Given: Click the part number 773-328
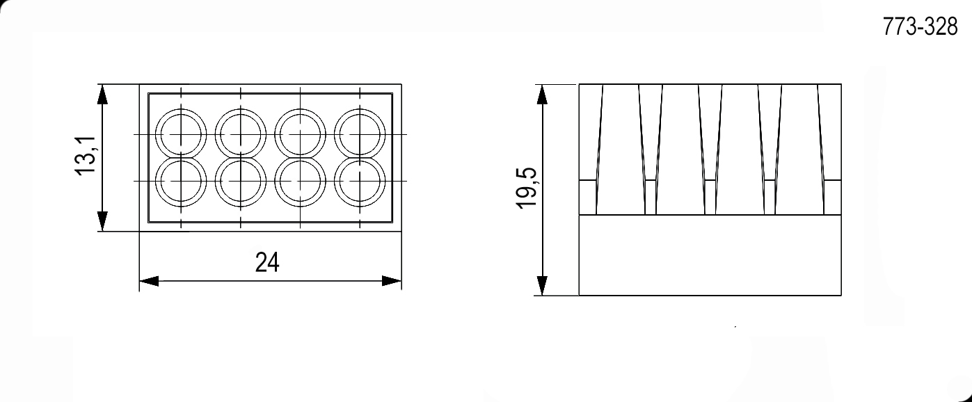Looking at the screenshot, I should pyautogui.click(x=920, y=27).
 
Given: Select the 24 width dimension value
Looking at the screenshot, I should pyautogui.click(x=267, y=263).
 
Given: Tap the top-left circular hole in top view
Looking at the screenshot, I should pyautogui.click(x=181, y=133).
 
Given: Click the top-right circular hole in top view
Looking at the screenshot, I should pyautogui.click(x=360, y=133).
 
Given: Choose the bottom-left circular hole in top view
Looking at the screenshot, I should pyautogui.click(x=181, y=182).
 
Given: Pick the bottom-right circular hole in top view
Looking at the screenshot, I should pyautogui.click(x=360, y=182).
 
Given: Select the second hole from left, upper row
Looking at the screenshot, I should pyautogui.click(x=241, y=133).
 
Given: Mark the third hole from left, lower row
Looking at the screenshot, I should pyautogui.click(x=300, y=182).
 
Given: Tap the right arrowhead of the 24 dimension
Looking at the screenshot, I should pyautogui.click(x=392, y=281).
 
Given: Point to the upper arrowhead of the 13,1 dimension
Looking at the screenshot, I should pyautogui.click(x=102, y=95).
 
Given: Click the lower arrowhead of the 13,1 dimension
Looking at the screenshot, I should pyautogui.click(x=102, y=221).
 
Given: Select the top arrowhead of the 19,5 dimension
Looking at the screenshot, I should pyautogui.click(x=543, y=95).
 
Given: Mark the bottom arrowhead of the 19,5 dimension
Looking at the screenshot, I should pyautogui.click(x=543, y=286).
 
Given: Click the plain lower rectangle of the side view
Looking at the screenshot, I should pyautogui.click(x=710, y=255).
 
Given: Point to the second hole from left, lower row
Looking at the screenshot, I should pyautogui.click(x=241, y=182).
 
